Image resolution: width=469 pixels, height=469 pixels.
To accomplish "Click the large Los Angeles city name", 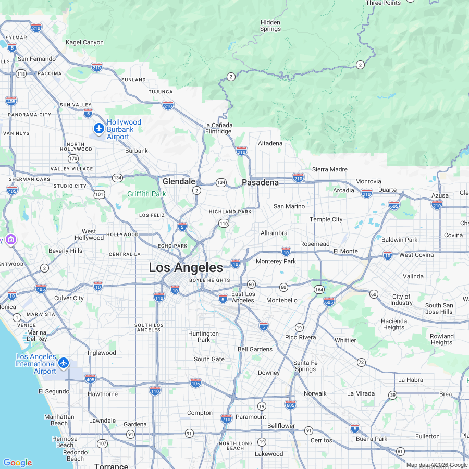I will pos(186,268).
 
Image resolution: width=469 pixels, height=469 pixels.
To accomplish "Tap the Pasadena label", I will pos(260,183).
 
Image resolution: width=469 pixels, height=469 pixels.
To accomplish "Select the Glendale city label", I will pos(179,182).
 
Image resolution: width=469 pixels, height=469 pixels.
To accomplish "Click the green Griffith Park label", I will pos(146,194).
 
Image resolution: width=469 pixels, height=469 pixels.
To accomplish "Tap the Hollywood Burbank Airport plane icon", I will pos(98,128).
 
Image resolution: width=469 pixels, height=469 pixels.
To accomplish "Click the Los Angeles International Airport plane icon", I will pos(64,362).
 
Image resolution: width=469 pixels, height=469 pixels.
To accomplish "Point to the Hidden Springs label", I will pos(270,26).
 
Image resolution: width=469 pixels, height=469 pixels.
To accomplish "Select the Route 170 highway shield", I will pos(73,158).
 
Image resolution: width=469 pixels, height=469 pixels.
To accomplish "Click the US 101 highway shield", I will pos(99,194).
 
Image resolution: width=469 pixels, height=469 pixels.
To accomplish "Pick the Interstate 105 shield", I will pos(195,383).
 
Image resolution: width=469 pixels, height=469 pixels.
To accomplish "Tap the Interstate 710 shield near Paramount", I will pos(226,418).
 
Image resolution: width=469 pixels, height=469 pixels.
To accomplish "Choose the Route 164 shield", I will pos(319,289).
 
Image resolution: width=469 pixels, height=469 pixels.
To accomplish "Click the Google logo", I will pos(17,463).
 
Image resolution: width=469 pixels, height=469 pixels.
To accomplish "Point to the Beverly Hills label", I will pos(65,251).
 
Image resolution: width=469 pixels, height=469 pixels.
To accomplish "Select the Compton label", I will pos(200,413).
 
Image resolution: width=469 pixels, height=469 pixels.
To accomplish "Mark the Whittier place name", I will pos(345,340).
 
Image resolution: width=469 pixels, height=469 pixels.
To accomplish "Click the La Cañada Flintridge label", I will pos(218,128).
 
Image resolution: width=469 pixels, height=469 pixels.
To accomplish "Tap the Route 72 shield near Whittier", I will pos(361,362).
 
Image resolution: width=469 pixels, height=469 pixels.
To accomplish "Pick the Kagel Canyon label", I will pos(84,42).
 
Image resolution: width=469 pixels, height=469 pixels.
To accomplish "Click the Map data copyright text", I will pos(437,465).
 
